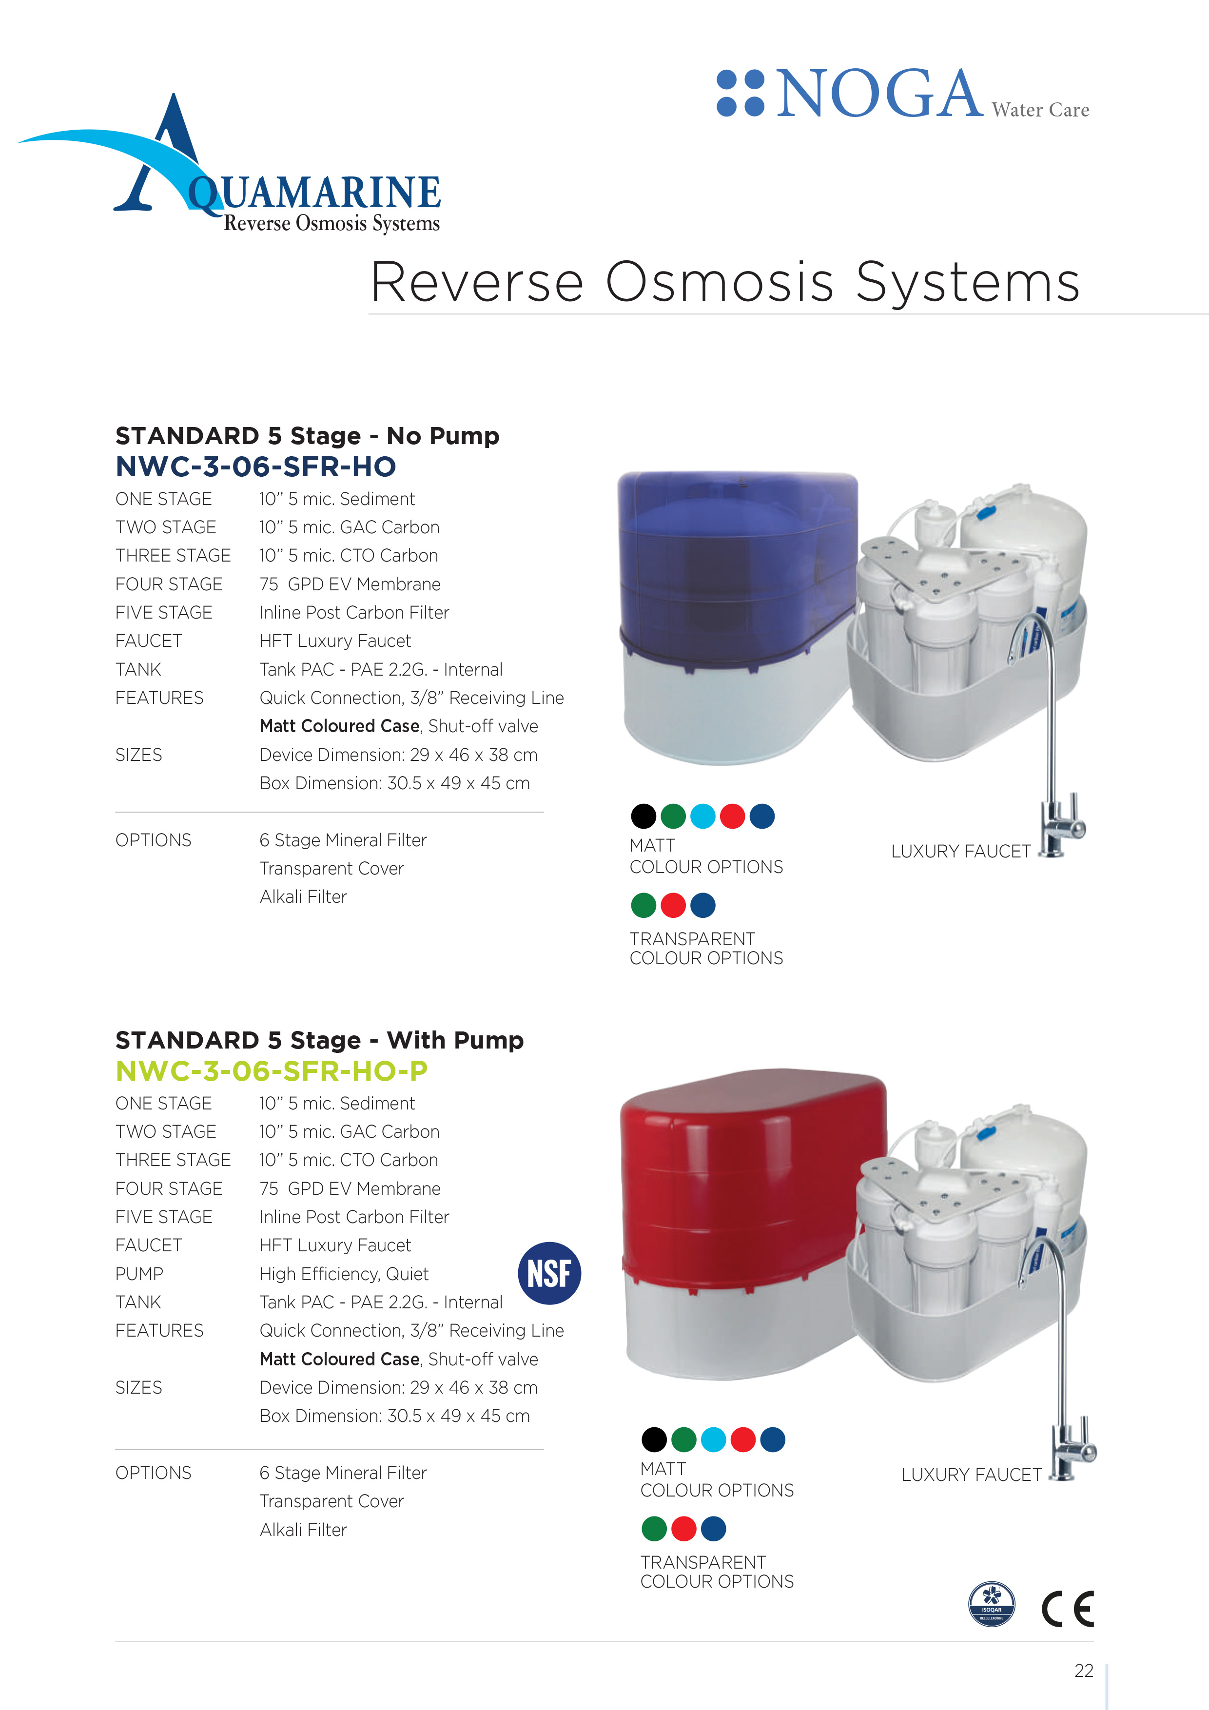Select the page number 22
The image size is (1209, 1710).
tap(1084, 1671)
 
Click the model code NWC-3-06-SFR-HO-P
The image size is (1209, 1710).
tap(272, 1070)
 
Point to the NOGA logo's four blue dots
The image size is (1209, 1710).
tap(741, 93)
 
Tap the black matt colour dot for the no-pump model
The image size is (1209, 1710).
tap(643, 816)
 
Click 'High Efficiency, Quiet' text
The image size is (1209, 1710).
tap(344, 1274)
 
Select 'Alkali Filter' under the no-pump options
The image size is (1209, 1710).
tap(303, 897)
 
